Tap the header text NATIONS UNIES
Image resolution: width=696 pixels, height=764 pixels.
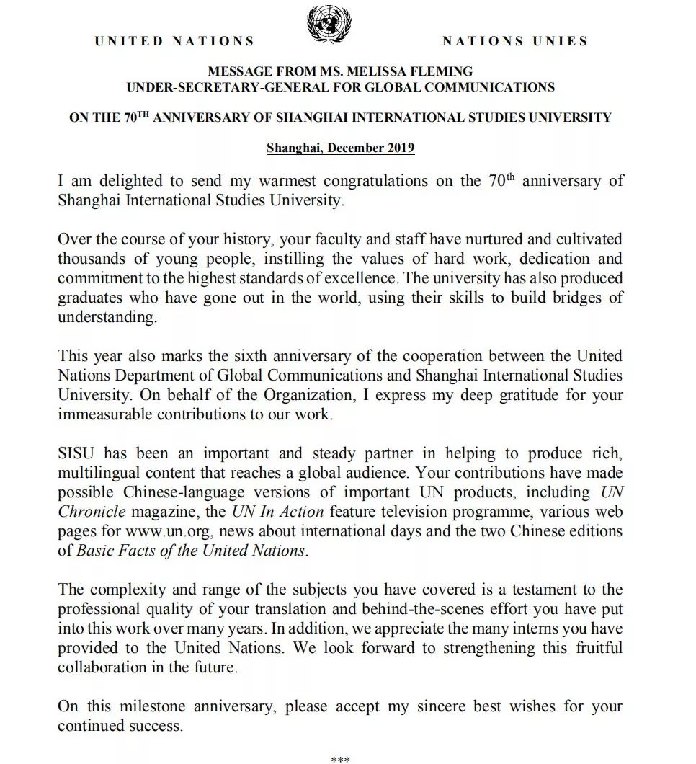(x=514, y=42)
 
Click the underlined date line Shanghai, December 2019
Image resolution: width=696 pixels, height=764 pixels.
(x=340, y=148)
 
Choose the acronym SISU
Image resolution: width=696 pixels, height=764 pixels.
(x=76, y=453)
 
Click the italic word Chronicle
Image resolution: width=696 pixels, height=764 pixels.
(x=92, y=512)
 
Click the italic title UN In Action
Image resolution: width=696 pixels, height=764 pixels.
(x=277, y=512)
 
